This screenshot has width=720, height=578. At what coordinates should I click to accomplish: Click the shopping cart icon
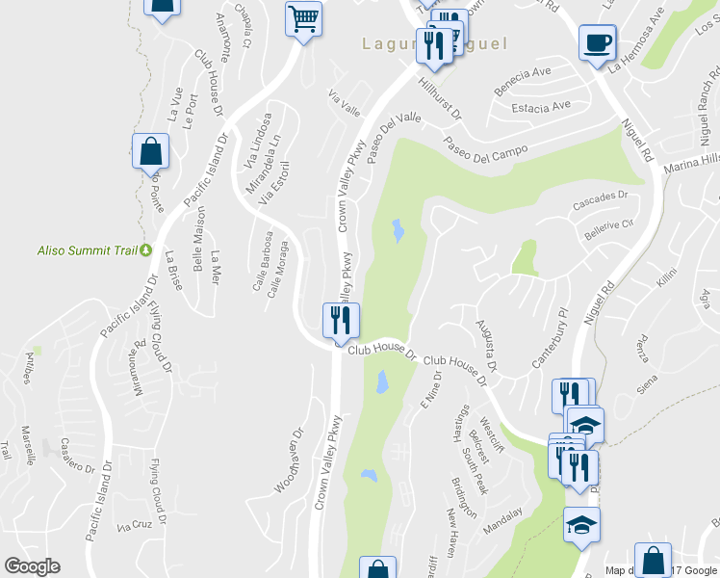point(304,17)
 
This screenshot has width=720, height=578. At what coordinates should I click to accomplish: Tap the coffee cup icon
point(597,41)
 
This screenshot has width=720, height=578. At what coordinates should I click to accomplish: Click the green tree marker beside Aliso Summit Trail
point(145,250)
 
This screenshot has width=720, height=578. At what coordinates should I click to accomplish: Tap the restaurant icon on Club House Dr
point(340,320)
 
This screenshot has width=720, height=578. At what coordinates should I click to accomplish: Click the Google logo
point(32,566)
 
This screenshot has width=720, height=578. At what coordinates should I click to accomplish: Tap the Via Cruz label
point(135,527)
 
